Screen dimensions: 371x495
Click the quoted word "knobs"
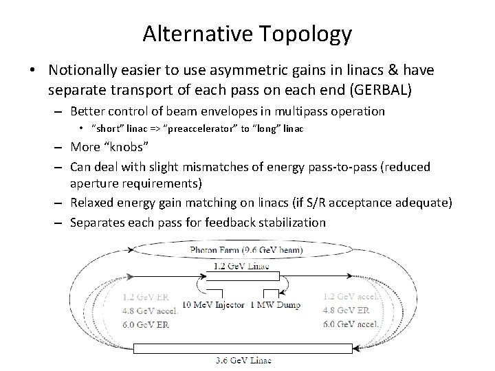click(124, 147)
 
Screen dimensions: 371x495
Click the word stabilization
click(285, 222)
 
